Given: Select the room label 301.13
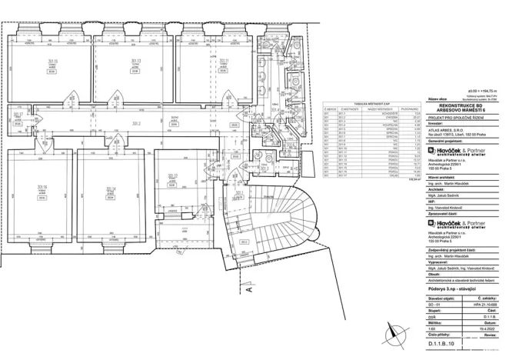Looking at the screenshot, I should [x=136, y=61].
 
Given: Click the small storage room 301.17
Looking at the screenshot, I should [x=18, y=115].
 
